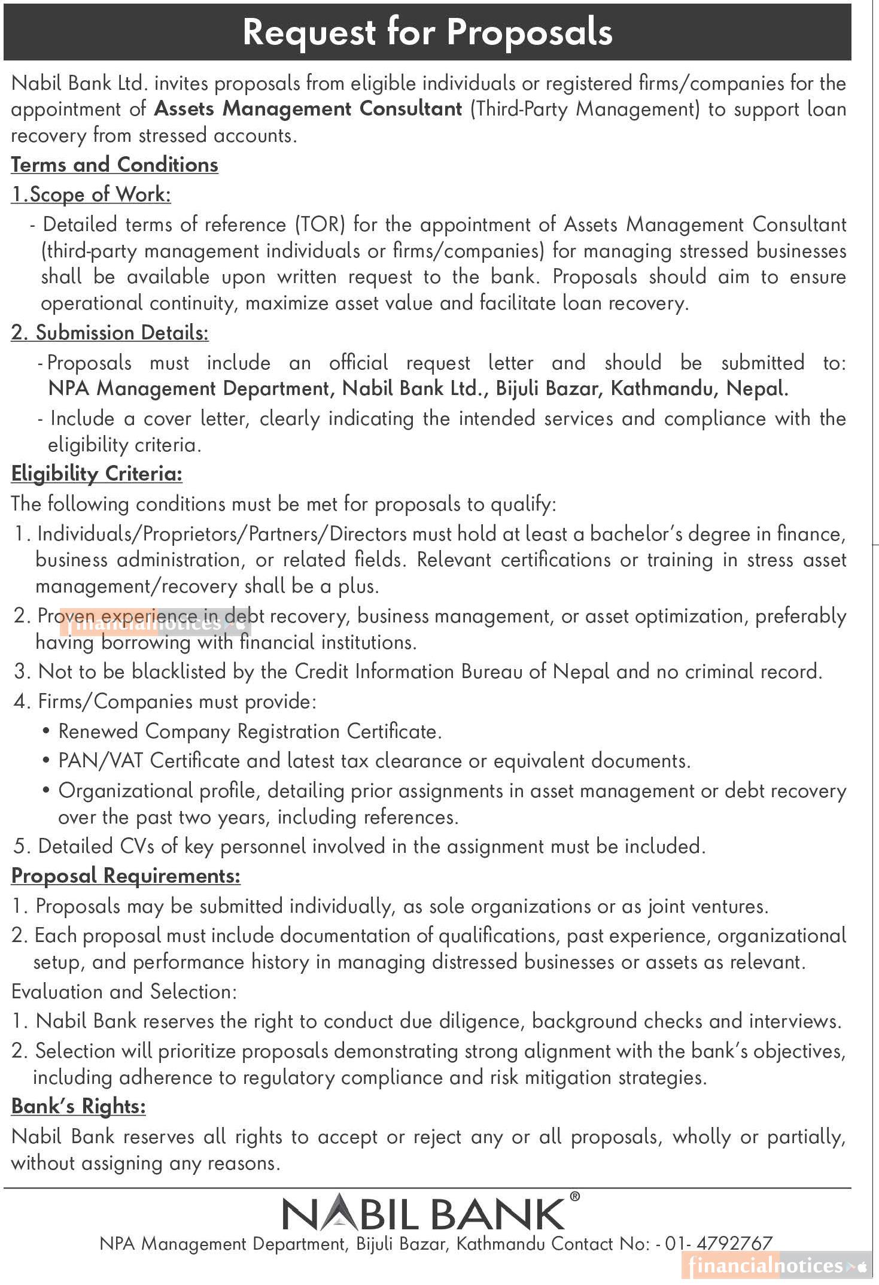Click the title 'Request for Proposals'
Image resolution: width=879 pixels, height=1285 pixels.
[x=427, y=32]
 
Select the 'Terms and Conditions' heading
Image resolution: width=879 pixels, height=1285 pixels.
[x=115, y=165]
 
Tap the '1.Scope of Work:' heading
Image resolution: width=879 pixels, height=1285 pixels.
[x=92, y=195]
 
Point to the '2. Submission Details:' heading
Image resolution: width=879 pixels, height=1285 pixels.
[x=110, y=333]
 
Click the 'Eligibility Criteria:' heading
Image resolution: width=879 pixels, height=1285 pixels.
[x=97, y=474]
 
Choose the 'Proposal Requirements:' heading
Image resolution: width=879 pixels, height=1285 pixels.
[x=126, y=876]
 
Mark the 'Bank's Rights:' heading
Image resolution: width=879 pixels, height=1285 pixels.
[x=78, y=1106]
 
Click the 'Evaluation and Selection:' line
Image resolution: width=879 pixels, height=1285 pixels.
[x=124, y=992]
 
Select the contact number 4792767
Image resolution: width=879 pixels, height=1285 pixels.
[x=735, y=1244]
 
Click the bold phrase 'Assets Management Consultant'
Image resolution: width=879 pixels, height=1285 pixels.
[x=308, y=109]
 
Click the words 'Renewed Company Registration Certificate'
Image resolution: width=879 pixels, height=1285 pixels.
[x=250, y=731]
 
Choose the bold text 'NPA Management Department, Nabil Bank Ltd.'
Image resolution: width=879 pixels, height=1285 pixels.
[x=265, y=389]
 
